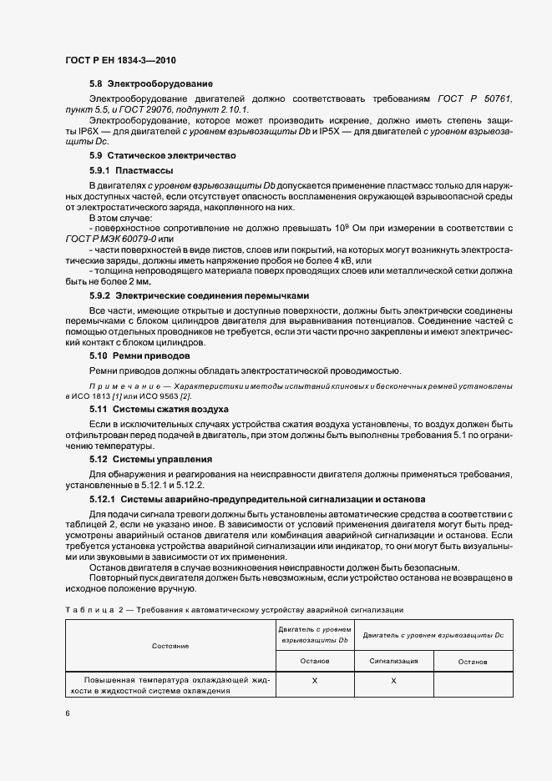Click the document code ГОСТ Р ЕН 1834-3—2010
[120, 61]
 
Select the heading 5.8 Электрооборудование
[151, 84]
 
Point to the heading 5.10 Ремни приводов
[139, 355]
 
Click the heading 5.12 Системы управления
[150, 459]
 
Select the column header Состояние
[170, 646]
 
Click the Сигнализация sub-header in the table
[393, 660]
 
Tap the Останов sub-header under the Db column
[314, 660]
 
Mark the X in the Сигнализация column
[393, 682]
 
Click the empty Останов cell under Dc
[473, 684]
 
